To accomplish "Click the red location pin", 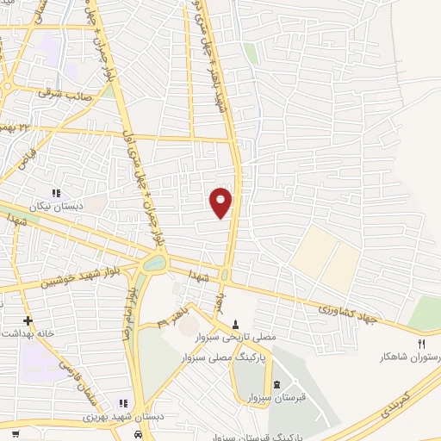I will pos(221,202).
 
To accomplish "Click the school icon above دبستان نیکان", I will pos(56,193).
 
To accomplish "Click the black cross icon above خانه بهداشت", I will pos(28,320).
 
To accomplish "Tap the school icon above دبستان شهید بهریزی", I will pos(124,403).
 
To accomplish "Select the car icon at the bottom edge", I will pos(138,435).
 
